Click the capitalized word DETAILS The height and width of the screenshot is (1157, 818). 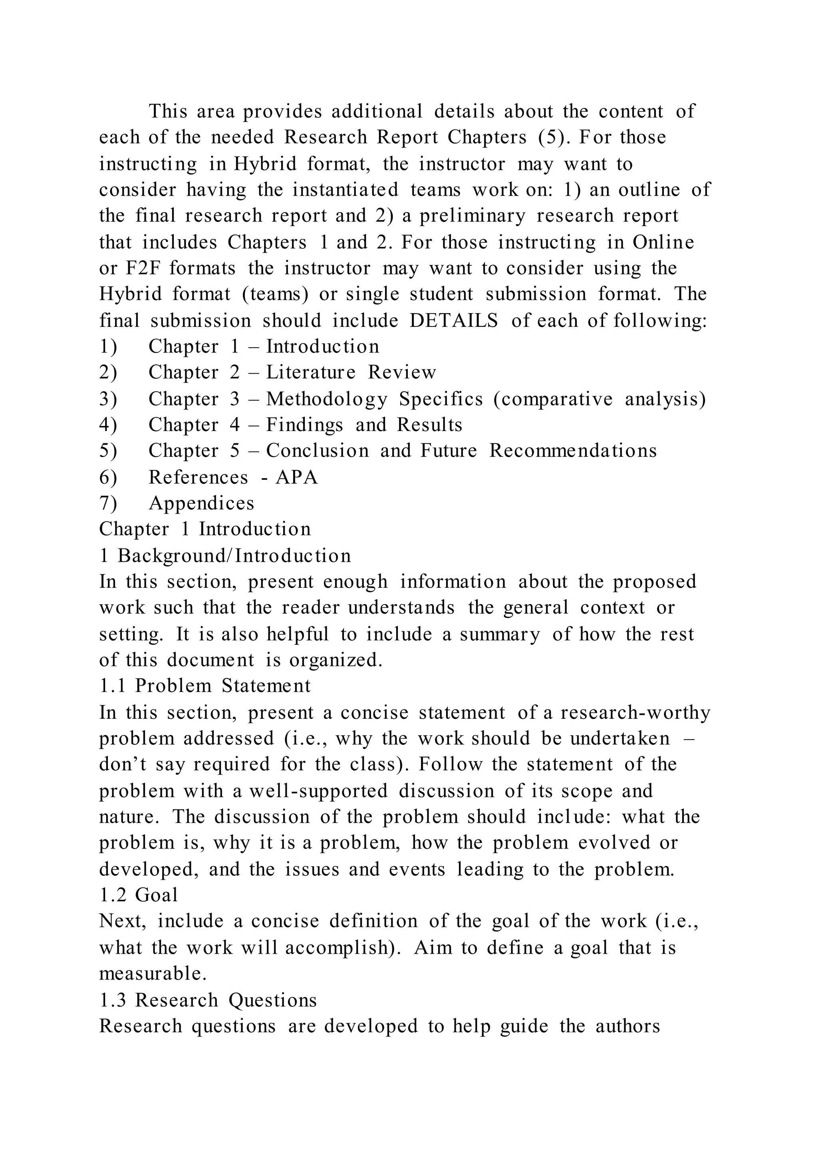453,320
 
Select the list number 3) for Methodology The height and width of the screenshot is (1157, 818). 108,399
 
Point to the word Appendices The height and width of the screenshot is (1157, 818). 201,503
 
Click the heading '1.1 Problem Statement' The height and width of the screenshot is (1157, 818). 205,686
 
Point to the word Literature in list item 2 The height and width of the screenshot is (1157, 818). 311,372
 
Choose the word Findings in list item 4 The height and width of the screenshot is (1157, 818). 304,425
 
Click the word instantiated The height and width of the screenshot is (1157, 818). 345,190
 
